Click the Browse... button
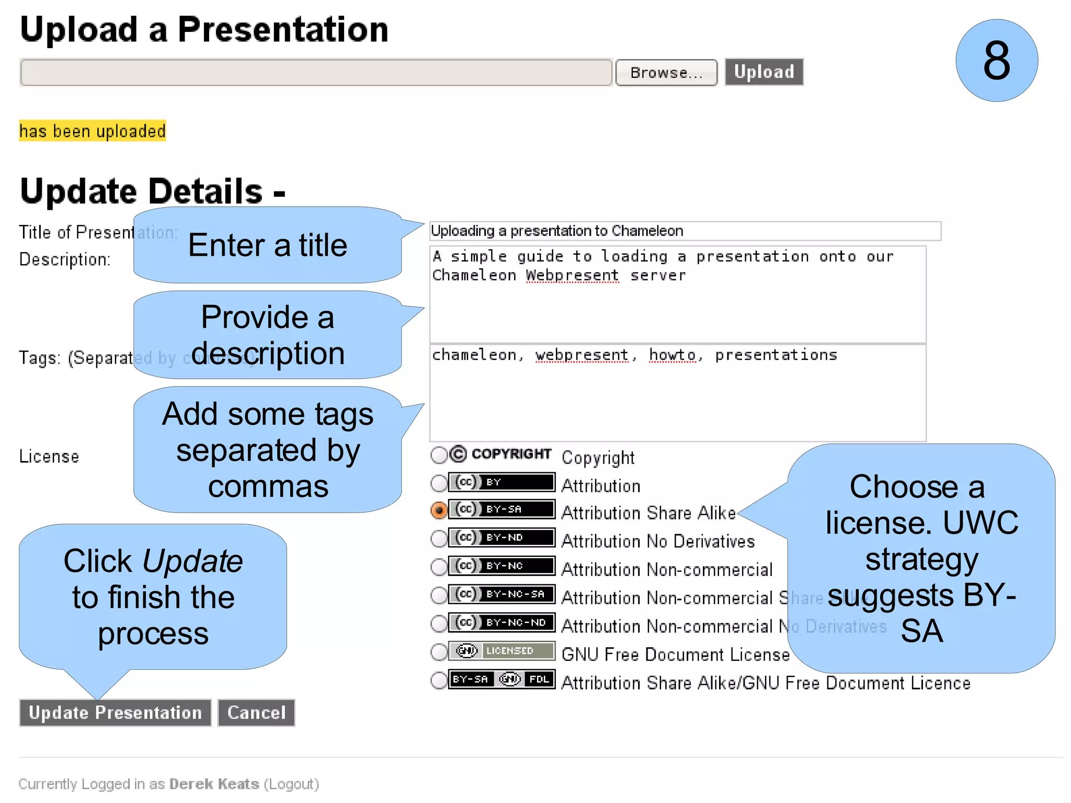[x=666, y=73]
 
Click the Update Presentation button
[x=115, y=712]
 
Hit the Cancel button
[x=256, y=712]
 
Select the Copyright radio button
[x=439, y=455]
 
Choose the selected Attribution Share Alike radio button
[x=439, y=510]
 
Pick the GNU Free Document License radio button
[x=439, y=652]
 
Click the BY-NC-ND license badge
[x=502, y=623]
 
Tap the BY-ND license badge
[x=502, y=537]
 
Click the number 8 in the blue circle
[x=996, y=61]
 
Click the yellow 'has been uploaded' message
[x=93, y=131]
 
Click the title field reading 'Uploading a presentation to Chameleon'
[x=684, y=231]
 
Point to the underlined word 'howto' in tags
[x=672, y=355]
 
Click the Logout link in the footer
[x=291, y=784]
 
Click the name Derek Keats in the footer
[x=214, y=784]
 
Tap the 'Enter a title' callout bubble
[x=267, y=245]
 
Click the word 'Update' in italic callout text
[x=192, y=561]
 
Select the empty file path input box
[x=316, y=72]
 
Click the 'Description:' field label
[x=65, y=259]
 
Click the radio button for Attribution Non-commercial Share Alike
[x=439, y=595]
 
